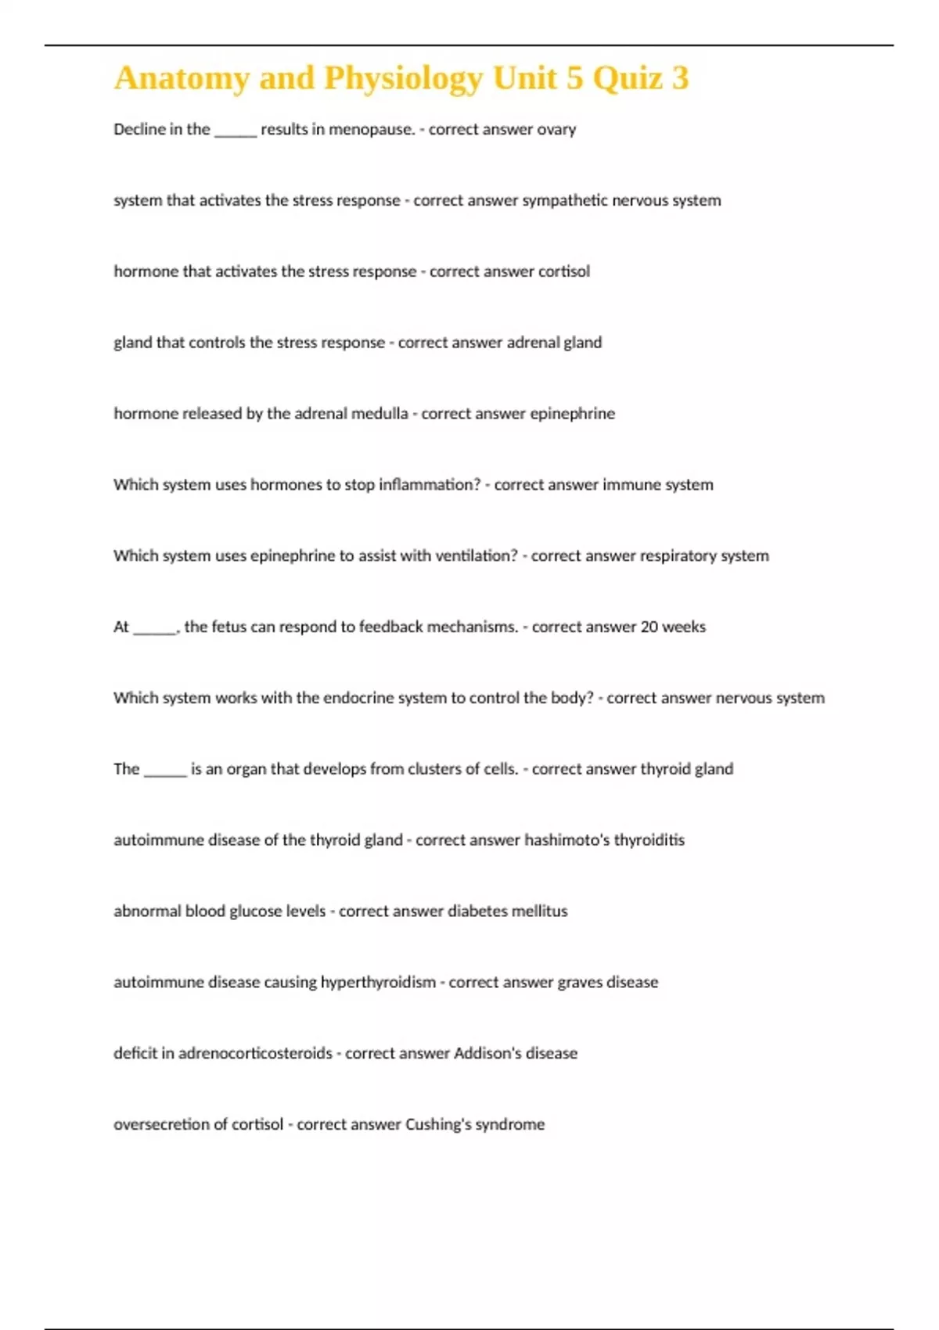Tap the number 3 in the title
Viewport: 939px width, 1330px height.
(x=680, y=78)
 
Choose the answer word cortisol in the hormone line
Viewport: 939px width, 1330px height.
(x=564, y=271)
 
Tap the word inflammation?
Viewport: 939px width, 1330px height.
(x=430, y=485)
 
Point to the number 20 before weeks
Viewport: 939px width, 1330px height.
(x=649, y=627)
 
